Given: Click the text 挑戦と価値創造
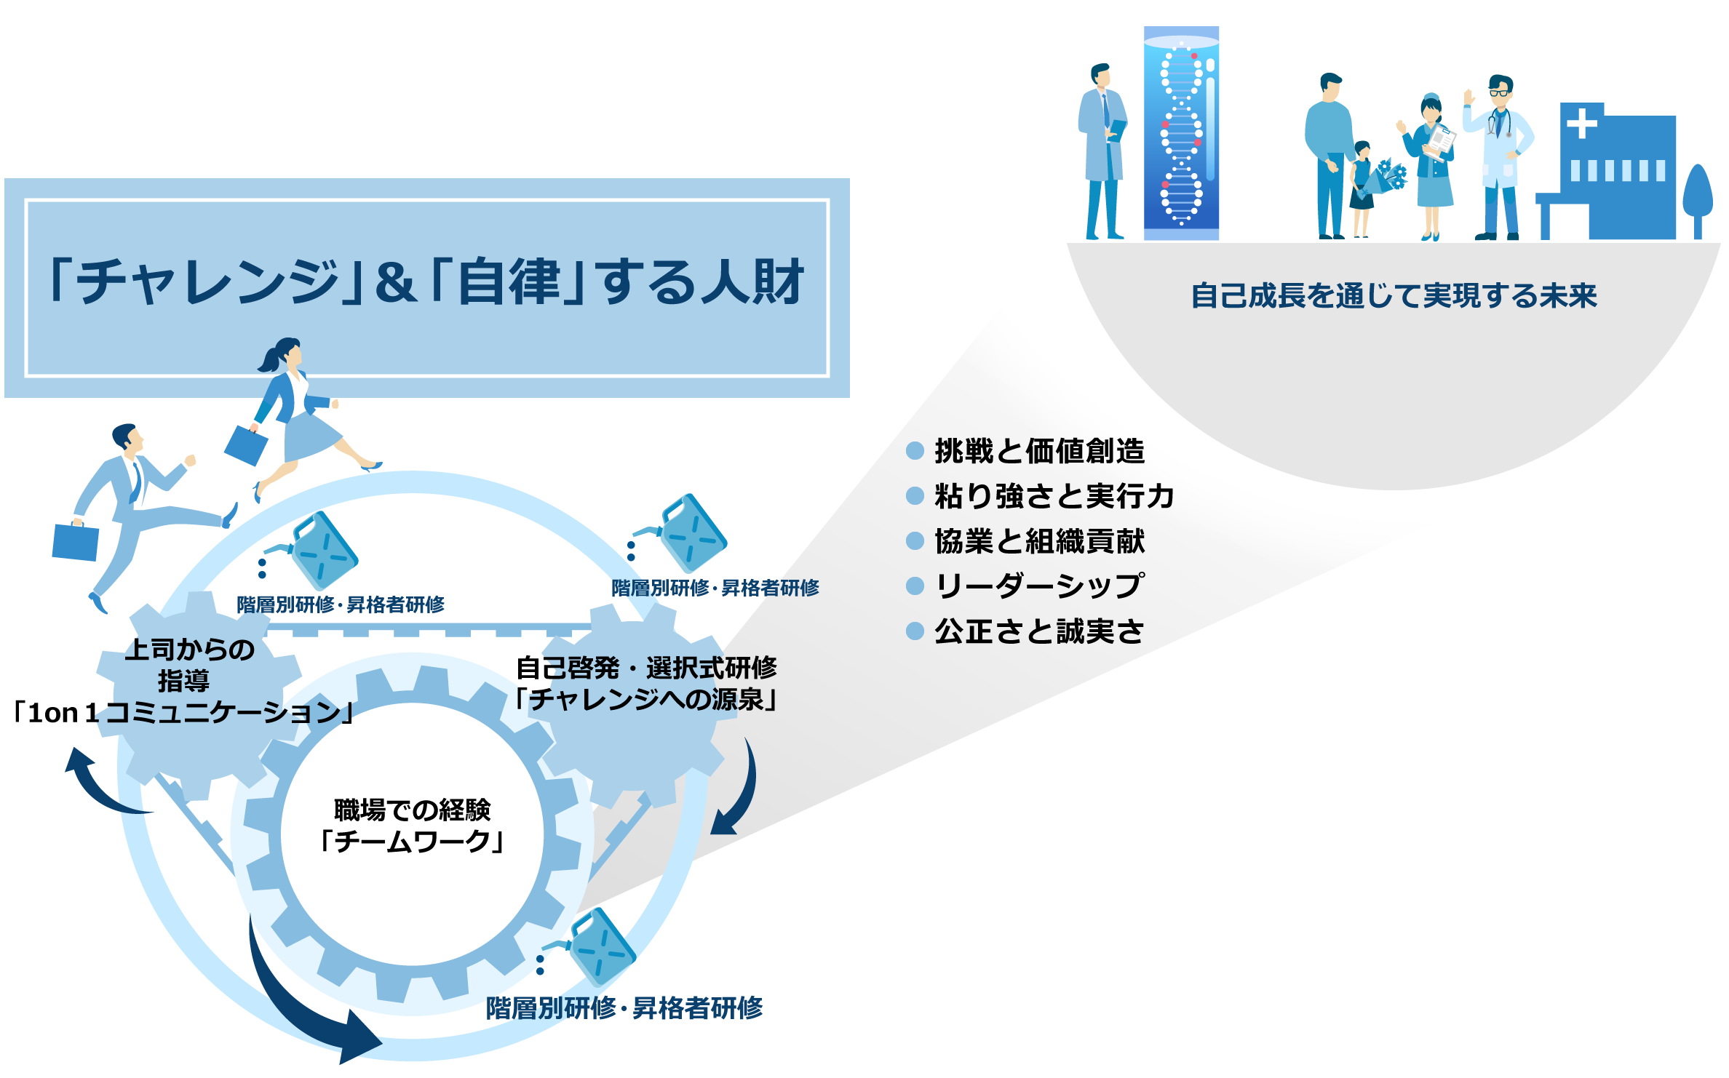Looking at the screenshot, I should point(1039,451).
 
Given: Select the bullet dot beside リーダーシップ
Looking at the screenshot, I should point(915,586).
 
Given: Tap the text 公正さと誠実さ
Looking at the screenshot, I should point(1039,631).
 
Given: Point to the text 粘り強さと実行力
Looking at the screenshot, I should point(1054,496).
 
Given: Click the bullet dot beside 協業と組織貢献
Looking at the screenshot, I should point(915,541).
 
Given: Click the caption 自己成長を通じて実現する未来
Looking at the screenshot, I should point(1394,296).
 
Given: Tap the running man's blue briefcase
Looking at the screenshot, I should point(75,541).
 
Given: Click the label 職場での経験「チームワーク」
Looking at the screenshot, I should point(412,826).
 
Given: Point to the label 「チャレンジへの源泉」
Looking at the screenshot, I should point(646,700).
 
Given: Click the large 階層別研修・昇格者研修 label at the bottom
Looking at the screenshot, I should point(624,1008).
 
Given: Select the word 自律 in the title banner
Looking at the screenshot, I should point(509,282).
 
